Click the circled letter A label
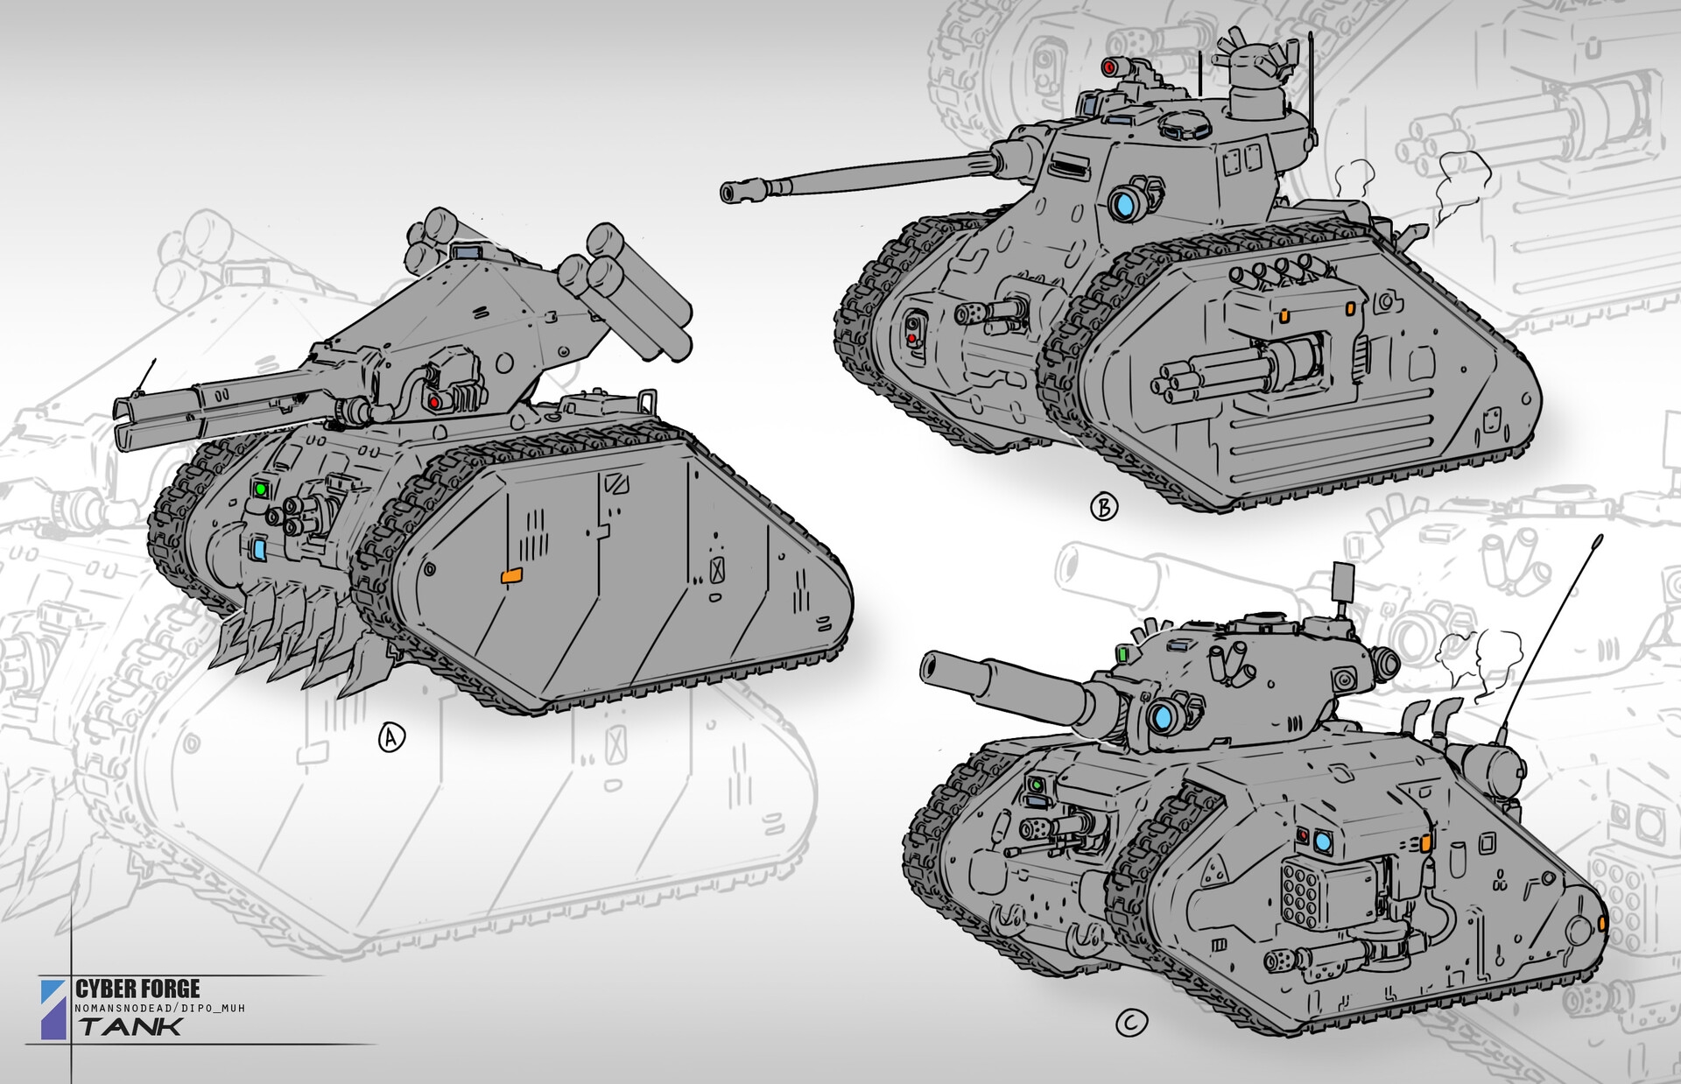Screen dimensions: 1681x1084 click(391, 738)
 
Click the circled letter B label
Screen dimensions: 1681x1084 click(1104, 506)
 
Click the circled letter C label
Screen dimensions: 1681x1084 click(1132, 1023)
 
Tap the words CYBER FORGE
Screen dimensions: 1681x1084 click(137, 989)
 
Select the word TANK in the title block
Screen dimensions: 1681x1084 click(131, 1026)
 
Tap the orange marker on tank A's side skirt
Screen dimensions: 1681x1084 click(510, 575)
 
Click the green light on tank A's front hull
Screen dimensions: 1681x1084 click(260, 489)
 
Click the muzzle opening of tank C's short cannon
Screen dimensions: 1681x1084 click(933, 670)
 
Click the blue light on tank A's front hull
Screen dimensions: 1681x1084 click(259, 550)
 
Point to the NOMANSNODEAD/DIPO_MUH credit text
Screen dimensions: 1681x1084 click(159, 1009)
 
